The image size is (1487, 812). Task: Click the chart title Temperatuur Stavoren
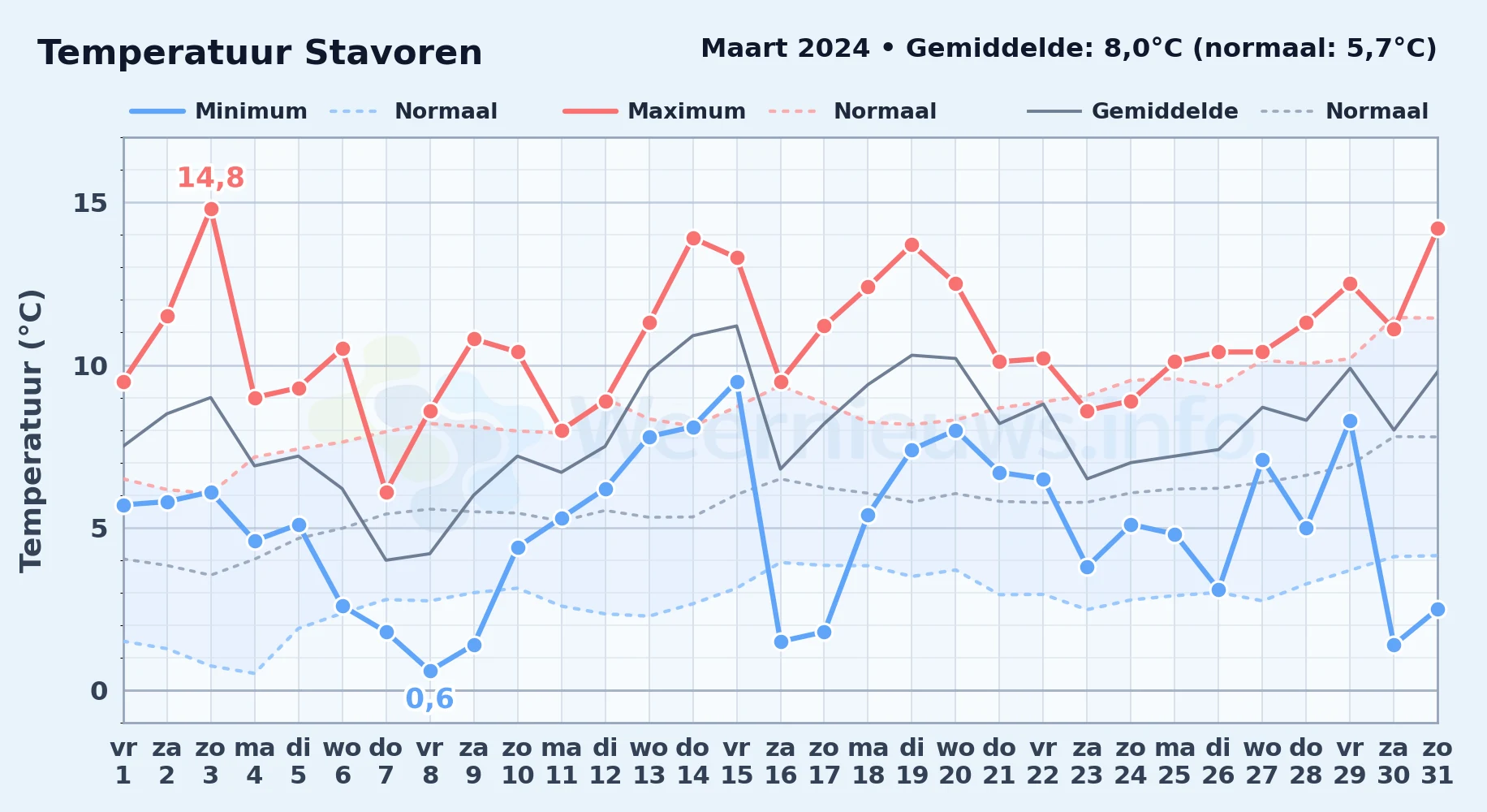260,54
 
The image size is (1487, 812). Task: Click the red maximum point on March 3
211,209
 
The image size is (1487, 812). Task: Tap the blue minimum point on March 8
430,672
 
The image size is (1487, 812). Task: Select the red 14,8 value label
210,178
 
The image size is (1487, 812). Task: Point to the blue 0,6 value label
429,698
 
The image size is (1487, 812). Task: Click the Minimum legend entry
219,111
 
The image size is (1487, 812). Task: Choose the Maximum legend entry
655,111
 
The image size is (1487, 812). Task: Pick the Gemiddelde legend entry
1133,111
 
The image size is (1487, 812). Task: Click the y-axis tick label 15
90,203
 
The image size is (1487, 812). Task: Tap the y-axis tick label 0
99,691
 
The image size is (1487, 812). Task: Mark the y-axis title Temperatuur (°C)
31,430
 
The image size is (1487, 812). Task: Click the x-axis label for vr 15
737,761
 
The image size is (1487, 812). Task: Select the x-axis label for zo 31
1437,761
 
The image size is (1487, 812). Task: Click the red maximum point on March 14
693,239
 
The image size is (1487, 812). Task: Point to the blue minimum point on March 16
781,642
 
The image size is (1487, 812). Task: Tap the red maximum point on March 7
386,493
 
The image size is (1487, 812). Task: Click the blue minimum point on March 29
1350,421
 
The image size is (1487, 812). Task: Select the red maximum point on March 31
1437,229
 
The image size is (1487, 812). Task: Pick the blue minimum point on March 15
737,382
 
